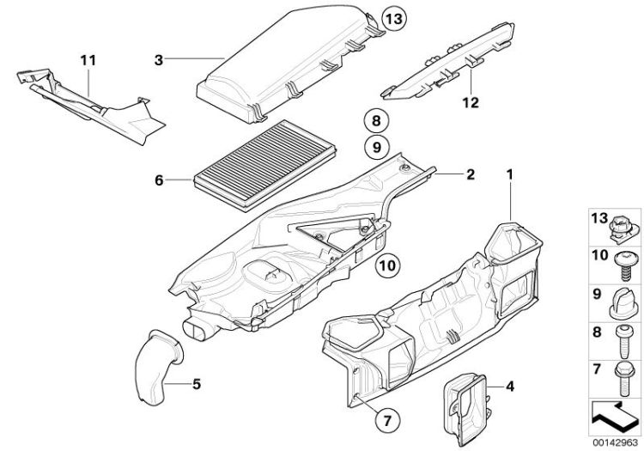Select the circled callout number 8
[x=374, y=119]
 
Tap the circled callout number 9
[x=374, y=147]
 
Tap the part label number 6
[x=158, y=180]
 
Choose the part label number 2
[x=470, y=174]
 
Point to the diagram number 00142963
[x=617, y=443]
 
